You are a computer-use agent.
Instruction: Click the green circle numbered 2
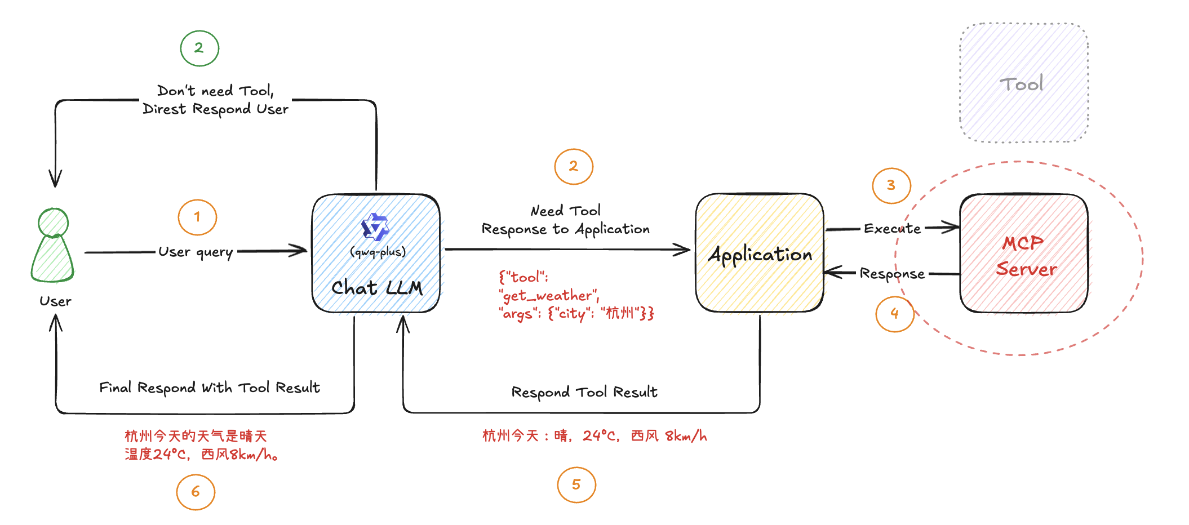[x=199, y=48]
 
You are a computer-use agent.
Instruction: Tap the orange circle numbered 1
[x=197, y=217]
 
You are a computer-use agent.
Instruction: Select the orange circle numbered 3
[x=891, y=185]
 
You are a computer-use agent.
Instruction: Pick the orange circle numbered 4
[x=895, y=314]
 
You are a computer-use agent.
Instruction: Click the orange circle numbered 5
[x=576, y=485]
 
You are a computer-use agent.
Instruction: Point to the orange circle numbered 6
[x=196, y=492]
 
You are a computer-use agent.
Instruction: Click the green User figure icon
[x=53, y=246]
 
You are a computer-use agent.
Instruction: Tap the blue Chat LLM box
[x=376, y=253]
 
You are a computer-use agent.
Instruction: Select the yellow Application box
[x=760, y=253]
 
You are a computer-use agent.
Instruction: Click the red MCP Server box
[x=1024, y=253]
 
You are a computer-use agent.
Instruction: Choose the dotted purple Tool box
[x=1024, y=83]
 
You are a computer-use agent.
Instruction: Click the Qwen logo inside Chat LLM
[x=375, y=227]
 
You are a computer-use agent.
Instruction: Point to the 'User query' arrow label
[x=196, y=252]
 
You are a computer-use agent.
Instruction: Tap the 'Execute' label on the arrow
[x=892, y=229]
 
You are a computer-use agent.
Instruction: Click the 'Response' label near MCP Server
[x=892, y=274]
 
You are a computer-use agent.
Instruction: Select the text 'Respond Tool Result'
[x=584, y=392]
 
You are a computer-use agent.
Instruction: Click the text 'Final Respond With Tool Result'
[x=210, y=388]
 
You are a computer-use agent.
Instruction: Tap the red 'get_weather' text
[x=549, y=295]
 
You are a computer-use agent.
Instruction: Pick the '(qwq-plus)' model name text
[x=378, y=252]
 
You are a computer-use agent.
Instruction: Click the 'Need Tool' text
[x=566, y=211]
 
